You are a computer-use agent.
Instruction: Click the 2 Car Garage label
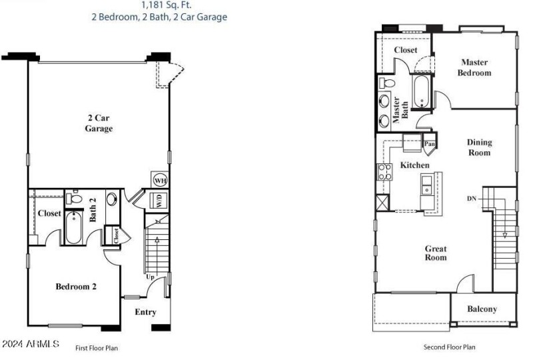(98, 123)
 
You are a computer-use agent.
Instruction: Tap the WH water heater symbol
(160, 181)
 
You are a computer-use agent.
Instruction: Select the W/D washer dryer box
(160, 200)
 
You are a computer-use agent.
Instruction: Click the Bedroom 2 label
(76, 287)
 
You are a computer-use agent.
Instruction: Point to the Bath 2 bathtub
(75, 229)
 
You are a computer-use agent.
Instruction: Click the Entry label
(145, 312)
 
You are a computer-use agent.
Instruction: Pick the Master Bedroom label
(474, 67)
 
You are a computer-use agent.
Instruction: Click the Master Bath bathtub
(422, 92)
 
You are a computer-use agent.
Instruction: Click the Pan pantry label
(430, 143)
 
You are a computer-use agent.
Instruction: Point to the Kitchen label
(414, 165)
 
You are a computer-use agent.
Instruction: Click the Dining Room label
(478, 147)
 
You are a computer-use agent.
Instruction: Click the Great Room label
(436, 253)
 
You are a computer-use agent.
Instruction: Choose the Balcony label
(482, 309)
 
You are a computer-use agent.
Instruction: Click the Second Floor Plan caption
(450, 347)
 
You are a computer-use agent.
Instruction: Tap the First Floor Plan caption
(97, 347)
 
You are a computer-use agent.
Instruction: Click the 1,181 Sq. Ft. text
(159, 4)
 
